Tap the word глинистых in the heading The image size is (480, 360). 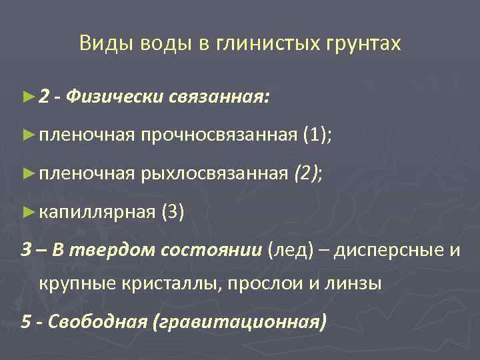[269, 44]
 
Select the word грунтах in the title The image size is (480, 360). [364, 44]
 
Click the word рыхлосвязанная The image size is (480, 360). [215, 175]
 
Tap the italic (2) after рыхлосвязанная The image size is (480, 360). [305, 175]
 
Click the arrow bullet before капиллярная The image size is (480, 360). [27, 213]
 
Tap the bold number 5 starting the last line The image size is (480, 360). [26, 323]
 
